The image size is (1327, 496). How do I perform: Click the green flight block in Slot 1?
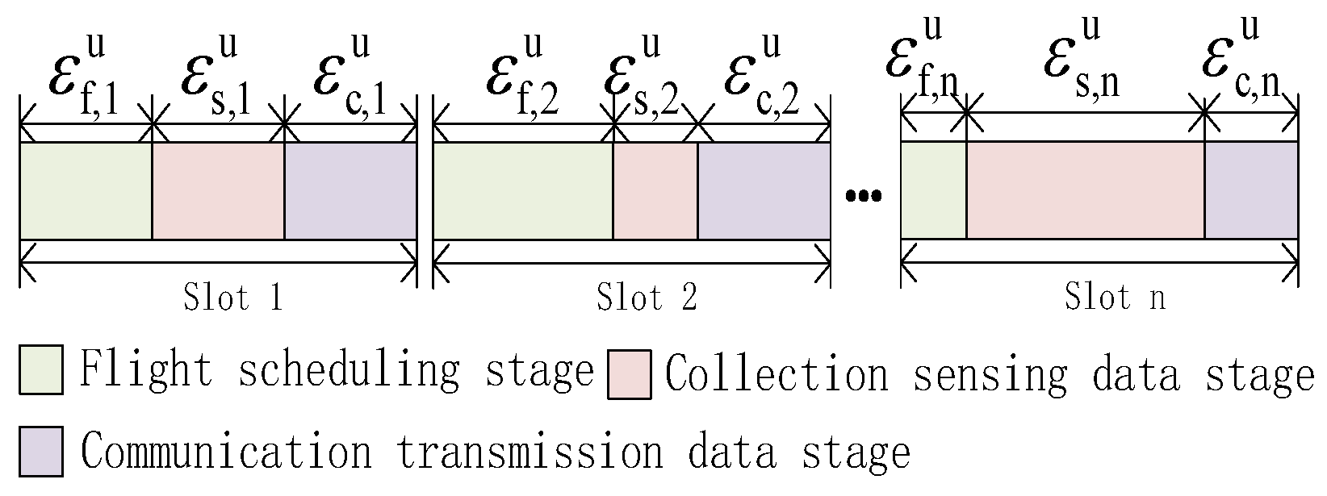click(86, 191)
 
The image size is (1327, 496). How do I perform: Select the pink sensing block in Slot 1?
click(218, 191)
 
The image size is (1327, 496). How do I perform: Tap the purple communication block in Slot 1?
click(350, 191)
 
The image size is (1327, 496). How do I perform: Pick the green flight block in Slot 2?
click(523, 191)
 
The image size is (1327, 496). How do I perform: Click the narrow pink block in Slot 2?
click(655, 191)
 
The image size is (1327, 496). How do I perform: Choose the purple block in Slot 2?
click(764, 191)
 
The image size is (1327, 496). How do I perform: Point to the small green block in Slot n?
click(933, 191)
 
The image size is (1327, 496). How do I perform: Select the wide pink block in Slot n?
click(1085, 191)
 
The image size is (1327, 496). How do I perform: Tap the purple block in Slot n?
click(1251, 191)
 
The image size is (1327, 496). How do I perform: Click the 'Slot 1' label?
click(231, 298)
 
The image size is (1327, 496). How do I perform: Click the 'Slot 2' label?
click(646, 298)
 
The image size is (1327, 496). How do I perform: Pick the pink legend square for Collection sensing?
click(629, 373)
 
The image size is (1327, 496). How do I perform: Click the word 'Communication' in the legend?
click(226, 452)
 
